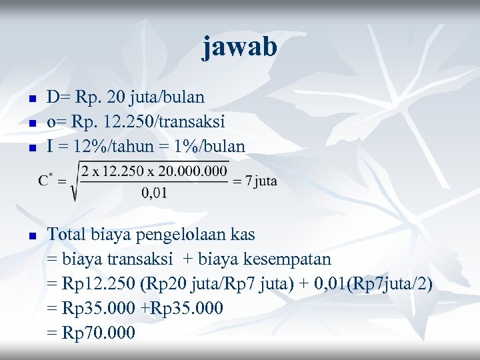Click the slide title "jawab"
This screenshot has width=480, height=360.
(x=239, y=47)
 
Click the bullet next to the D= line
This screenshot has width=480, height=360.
(x=31, y=99)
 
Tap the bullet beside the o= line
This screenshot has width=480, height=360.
(x=31, y=123)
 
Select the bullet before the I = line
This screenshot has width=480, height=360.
(x=31, y=147)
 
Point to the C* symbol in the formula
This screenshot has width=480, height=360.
(x=46, y=180)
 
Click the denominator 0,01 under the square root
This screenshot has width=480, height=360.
(x=155, y=193)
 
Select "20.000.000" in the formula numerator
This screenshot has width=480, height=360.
(x=194, y=171)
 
